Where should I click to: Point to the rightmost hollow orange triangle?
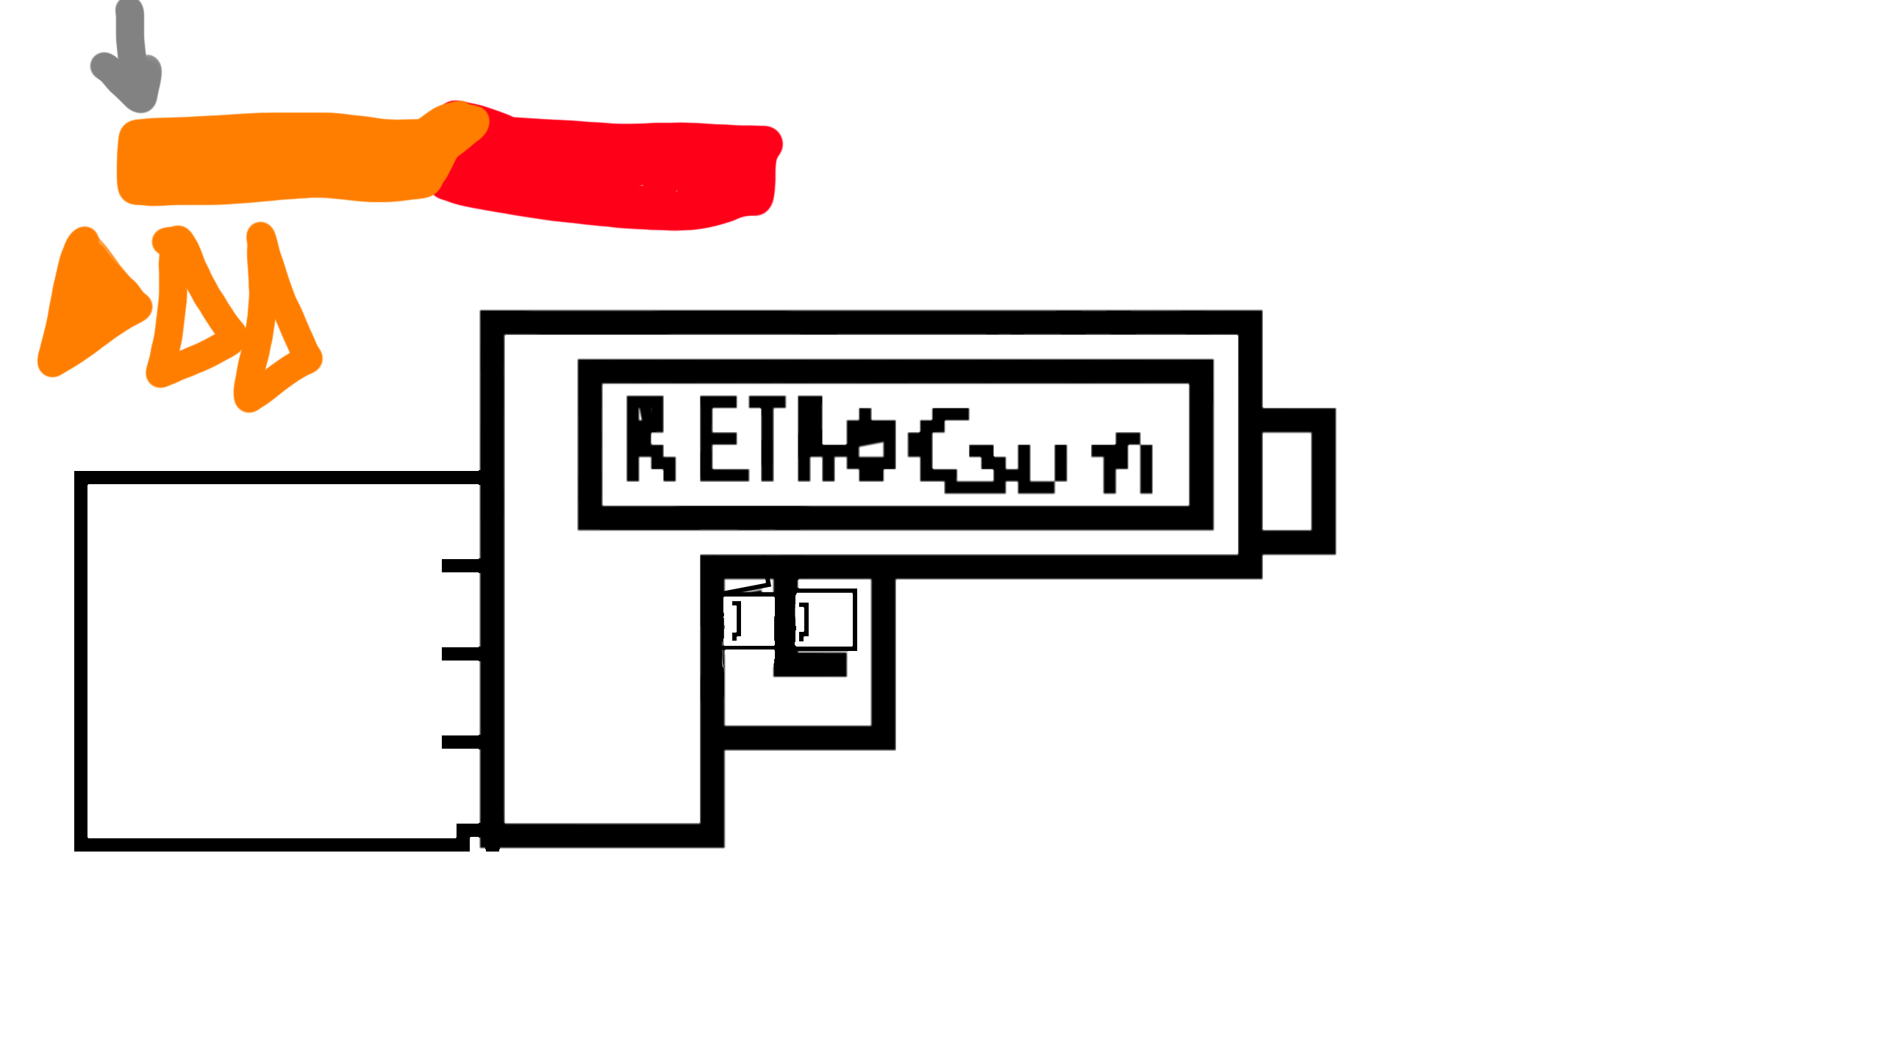click(276, 331)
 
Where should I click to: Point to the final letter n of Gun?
click(1125, 463)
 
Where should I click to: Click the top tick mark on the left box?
click(460, 566)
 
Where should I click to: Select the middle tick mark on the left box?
click(460, 654)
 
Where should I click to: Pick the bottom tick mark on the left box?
click(460, 742)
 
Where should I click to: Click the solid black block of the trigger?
click(809, 664)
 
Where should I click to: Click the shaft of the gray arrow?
click(130, 33)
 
